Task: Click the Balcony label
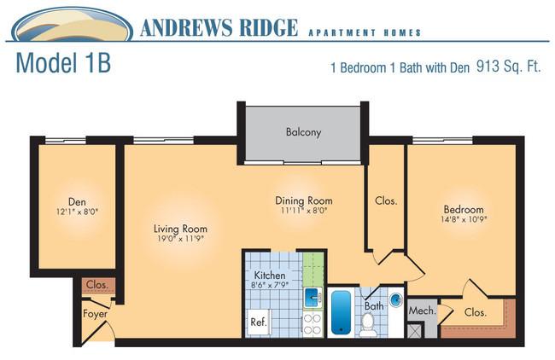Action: coord(303,132)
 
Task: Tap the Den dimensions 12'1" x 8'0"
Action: coord(77,212)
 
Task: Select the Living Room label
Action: coord(180,229)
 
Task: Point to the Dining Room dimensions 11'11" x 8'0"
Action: coord(304,211)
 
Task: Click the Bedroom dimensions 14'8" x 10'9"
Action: coord(464,219)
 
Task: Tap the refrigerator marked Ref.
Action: coord(259,322)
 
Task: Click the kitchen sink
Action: coord(313,298)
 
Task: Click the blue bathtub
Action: coord(342,313)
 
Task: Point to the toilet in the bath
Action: coord(368,324)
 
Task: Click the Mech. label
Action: coord(423,311)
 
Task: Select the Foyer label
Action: coord(95,314)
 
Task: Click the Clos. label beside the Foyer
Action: coord(97,285)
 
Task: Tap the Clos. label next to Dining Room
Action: coord(386,200)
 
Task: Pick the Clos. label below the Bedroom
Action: coord(476,312)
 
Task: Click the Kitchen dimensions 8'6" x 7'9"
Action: coord(270,285)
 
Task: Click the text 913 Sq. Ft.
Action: coord(509,67)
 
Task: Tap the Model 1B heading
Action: coord(64,63)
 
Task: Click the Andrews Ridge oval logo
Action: coord(73,25)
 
